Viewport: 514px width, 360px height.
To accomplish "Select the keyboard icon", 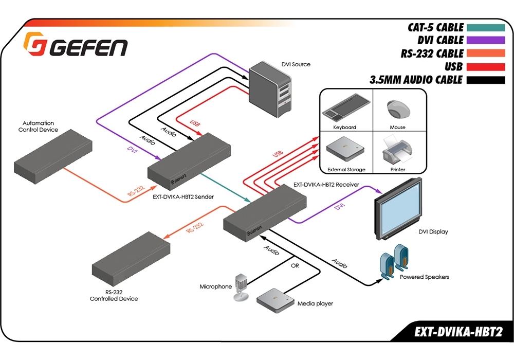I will point(344,110).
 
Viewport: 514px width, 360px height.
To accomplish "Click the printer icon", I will point(396,150).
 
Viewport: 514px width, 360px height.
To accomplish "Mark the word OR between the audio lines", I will point(295,266).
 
